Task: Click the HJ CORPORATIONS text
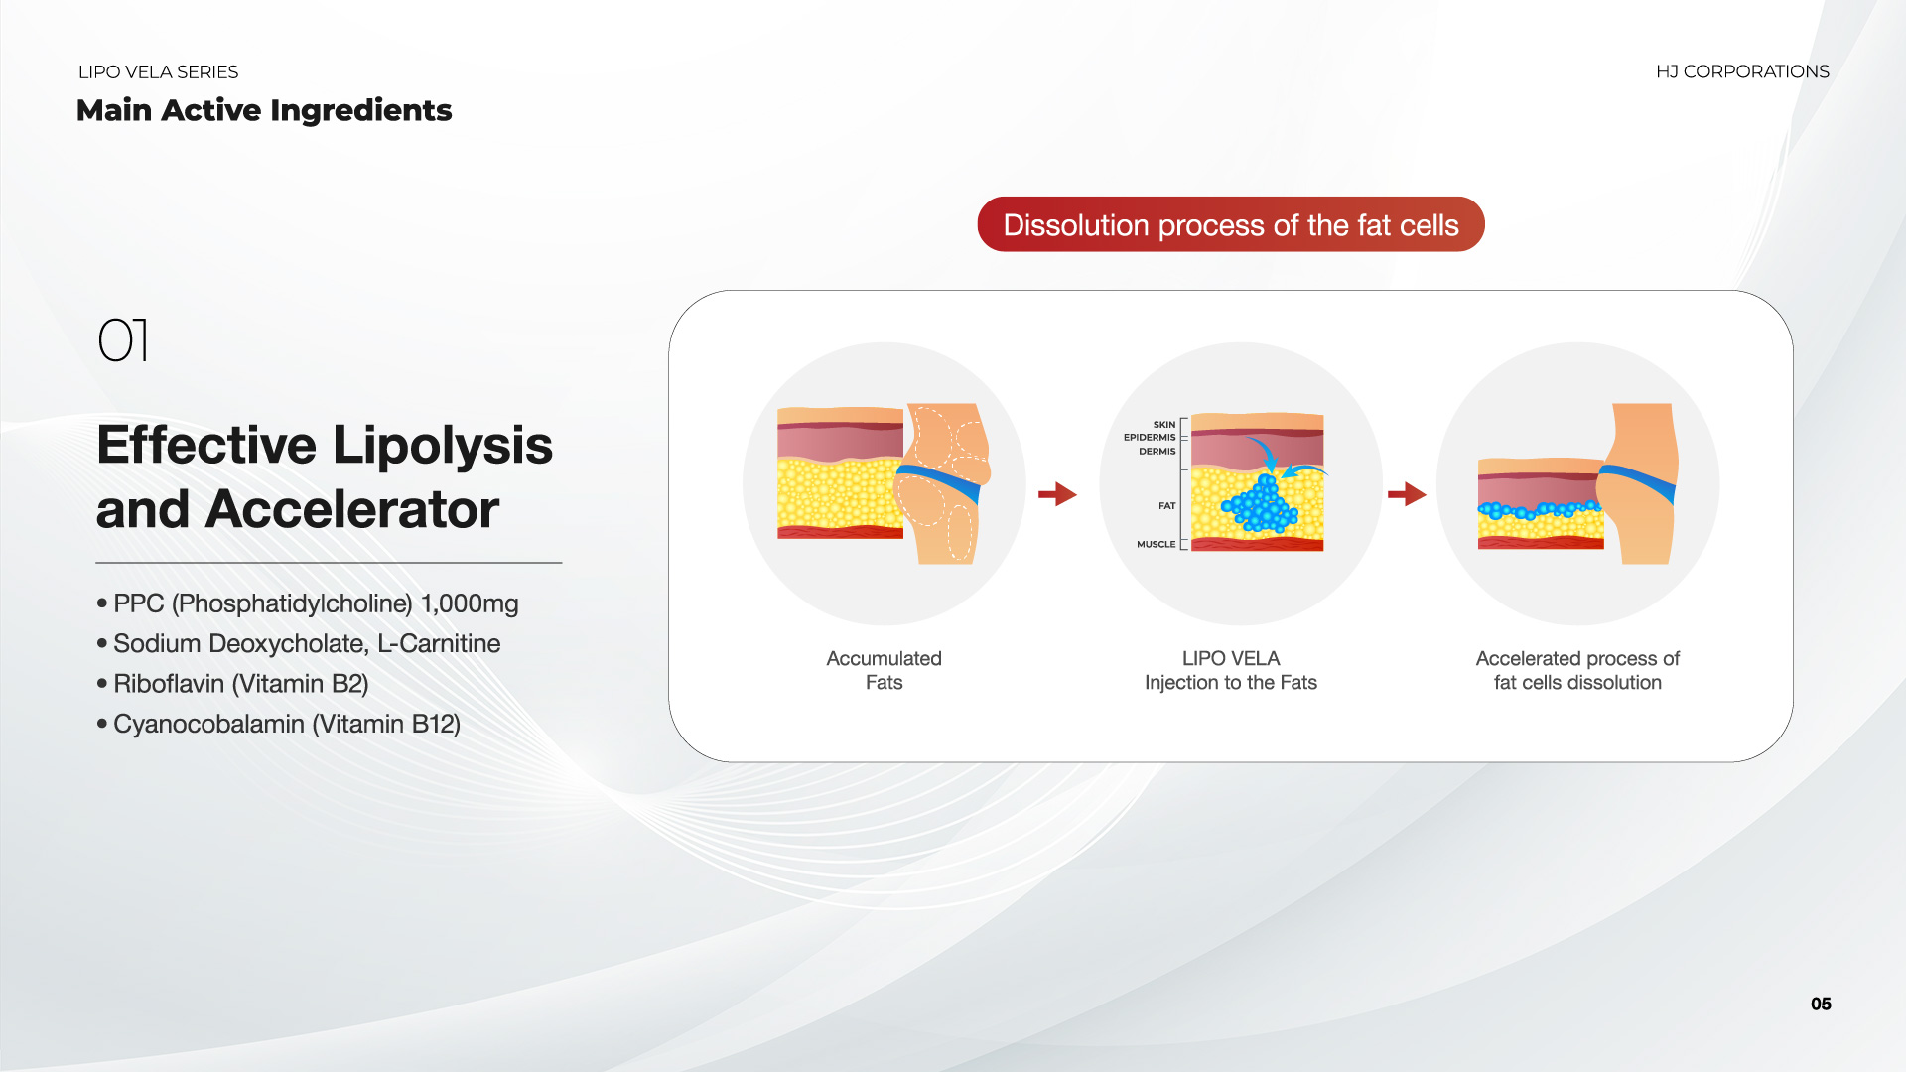[1742, 71]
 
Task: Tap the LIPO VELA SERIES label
[158, 72]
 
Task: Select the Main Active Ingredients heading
[264, 110]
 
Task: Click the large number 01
[123, 340]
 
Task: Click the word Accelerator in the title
[352, 509]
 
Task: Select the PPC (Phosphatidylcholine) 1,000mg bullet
[308, 603]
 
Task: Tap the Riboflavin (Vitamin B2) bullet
[233, 684]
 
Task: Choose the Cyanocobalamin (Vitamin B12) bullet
[279, 724]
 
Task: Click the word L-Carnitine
[439, 643]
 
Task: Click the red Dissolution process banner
[1231, 224]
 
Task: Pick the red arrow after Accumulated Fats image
[1058, 493]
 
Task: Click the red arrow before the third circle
[1407, 493]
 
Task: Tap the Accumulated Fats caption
[884, 670]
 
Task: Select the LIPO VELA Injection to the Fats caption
[1231, 670]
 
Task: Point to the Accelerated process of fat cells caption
[1577, 670]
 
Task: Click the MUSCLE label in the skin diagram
[1157, 544]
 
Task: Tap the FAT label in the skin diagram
[1167, 506]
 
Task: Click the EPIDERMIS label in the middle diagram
[1150, 437]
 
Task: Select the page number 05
[1821, 1004]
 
